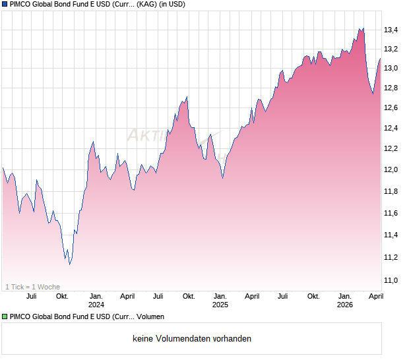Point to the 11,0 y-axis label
click(x=391, y=280)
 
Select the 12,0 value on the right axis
click(x=391, y=169)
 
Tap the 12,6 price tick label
click(x=391, y=108)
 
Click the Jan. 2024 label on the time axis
click(x=96, y=301)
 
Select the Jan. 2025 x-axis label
click(x=220, y=301)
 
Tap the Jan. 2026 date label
click(x=345, y=301)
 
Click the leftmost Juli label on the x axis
click(x=30, y=297)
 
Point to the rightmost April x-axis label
click(x=375, y=297)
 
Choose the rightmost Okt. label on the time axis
click(x=313, y=297)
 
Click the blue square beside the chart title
click(x=5, y=5)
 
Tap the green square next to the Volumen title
click(x=5, y=317)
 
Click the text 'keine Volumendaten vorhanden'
click(x=192, y=339)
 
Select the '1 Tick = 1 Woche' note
click(x=32, y=287)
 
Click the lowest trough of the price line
click(x=70, y=264)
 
